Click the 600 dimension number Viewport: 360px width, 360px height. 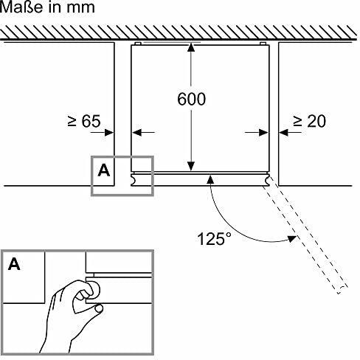[191, 99]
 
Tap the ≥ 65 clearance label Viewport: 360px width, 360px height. [84, 121]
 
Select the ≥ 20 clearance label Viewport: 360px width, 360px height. [309, 121]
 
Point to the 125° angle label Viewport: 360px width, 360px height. [215, 238]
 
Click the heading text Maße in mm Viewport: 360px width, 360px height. [47, 7]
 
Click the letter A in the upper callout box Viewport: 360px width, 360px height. [104, 170]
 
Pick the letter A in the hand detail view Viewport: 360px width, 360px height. [14, 264]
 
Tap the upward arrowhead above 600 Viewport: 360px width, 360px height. [191, 47]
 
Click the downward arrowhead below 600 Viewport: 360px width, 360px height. [191, 166]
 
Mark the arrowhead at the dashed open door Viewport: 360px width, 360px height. [292, 238]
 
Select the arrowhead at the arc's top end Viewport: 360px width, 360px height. [210, 179]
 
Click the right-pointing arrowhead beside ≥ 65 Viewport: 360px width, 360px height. [109, 133]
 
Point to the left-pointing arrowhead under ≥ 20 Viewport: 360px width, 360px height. [283, 133]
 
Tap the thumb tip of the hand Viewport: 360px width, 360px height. [99, 308]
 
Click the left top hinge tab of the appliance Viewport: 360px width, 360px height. [137, 44]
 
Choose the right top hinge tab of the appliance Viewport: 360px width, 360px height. [263, 44]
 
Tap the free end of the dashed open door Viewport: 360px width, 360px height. [343, 290]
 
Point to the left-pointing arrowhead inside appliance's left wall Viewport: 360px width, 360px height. [136, 133]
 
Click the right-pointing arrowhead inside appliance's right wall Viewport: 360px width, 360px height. [263, 133]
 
